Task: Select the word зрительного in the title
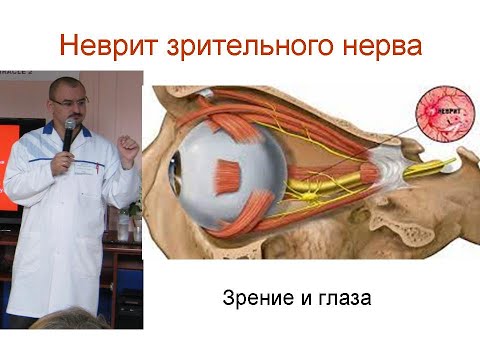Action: (x=245, y=46)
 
